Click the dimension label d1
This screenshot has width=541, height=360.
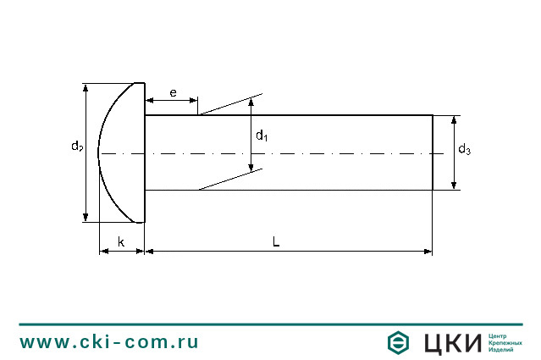[x=262, y=135]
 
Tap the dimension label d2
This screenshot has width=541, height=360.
[x=76, y=147]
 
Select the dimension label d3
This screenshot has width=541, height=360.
[x=464, y=150]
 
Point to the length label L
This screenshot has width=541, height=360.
[x=276, y=241]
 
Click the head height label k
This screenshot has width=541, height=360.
[x=121, y=242]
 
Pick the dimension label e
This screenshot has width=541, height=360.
[x=173, y=92]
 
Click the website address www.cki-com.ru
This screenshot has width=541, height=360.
[x=109, y=342]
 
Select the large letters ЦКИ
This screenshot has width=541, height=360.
[x=450, y=343]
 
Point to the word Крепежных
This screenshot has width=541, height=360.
[x=505, y=343]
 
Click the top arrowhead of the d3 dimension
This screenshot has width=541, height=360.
[x=455, y=119]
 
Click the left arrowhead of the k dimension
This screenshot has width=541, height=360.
[x=102, y=251]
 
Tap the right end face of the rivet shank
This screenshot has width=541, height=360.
[x=433, y=152]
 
